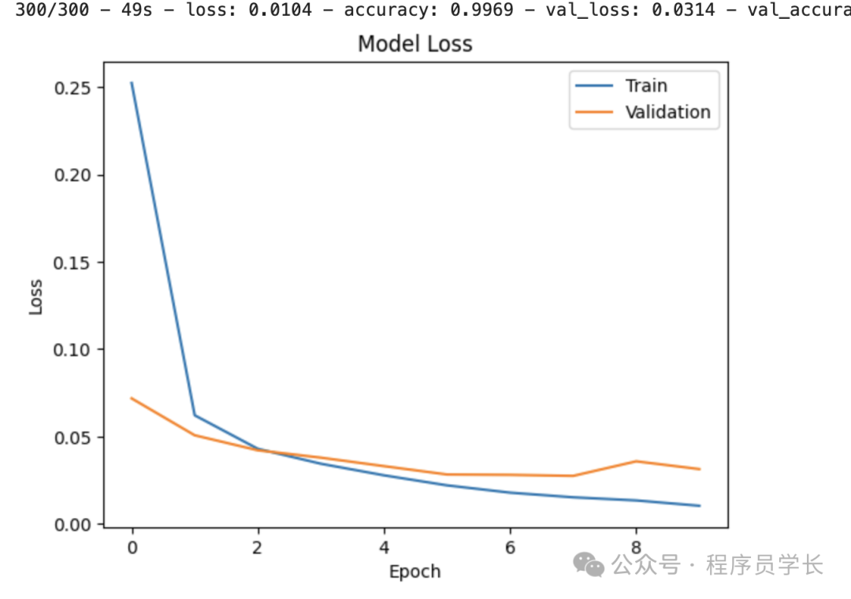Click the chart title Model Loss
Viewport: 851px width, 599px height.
pyautogui.click(x=415, y=43)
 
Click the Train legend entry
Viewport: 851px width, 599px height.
pyautogui.click(x=646, y=86)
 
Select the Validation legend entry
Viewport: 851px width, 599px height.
pyautogui.click(x=667, y=112)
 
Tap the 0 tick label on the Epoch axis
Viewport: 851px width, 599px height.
pyautogui.click(x=132, y=547)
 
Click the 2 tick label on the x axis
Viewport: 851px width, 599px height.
pyautogui.click(x=258, y=547)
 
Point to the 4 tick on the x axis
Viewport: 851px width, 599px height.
pyautogui.click(x=384, y=547)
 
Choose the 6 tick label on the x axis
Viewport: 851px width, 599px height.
pyautogui.click(x=510, y=547)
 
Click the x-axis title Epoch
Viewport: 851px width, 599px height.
pyautogui.click(x=415, y=571)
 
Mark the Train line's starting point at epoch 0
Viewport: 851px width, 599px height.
pyautogui.click(x=132, y=82)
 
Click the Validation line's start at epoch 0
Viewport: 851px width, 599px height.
pyautogui.click(x=132, y=398)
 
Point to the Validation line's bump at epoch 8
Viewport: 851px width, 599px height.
pyautogui.click(x=637, y=461)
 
